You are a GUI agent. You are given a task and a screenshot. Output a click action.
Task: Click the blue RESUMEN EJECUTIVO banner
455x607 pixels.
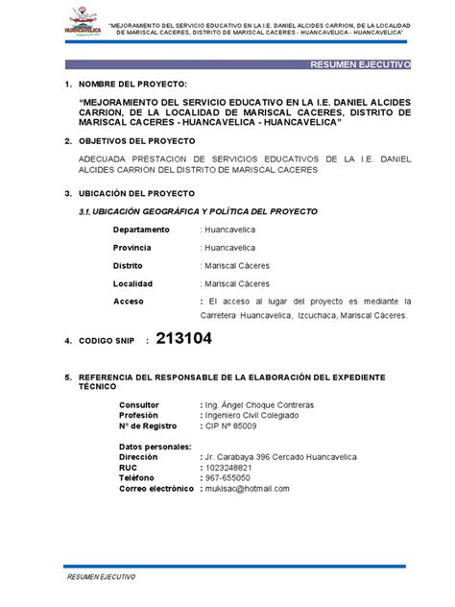[356, 64]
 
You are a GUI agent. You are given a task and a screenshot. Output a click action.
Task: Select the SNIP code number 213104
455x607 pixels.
[182, 339]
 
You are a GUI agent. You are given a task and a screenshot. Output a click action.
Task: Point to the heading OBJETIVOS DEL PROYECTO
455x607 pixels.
[140, 140]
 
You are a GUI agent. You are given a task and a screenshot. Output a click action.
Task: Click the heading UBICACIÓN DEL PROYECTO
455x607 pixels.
[138, 192]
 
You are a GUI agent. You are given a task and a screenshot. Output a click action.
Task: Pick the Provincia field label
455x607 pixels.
[136, 247]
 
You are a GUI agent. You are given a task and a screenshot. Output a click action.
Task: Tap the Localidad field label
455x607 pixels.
[132, 283]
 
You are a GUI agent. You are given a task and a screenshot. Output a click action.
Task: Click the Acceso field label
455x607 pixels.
[128, 301]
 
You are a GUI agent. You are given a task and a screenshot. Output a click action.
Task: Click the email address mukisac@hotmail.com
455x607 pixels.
[247, 488]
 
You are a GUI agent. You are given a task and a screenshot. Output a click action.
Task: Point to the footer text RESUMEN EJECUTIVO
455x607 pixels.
[101, 579]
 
